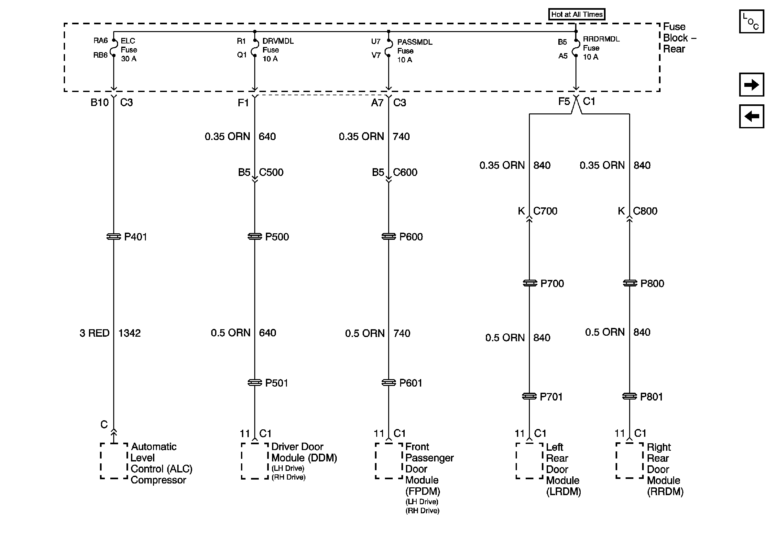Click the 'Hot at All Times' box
577,14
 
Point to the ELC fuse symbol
114,47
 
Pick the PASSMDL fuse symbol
388,49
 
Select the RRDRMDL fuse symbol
576,48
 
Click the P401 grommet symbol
114,237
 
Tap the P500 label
277,237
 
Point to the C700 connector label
545,211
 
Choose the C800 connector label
645,211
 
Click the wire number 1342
129,333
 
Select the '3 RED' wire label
94,333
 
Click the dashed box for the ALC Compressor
114,460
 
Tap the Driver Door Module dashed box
255,460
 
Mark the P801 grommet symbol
629,396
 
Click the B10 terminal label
100,102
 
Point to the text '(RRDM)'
665,492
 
